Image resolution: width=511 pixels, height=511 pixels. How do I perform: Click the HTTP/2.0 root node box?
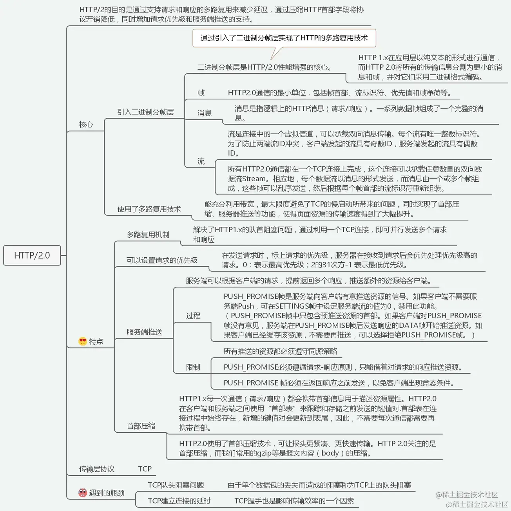(32, 255)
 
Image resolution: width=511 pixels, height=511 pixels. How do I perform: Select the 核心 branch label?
(86, 125)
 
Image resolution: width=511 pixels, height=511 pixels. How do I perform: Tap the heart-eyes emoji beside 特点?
(82, 341)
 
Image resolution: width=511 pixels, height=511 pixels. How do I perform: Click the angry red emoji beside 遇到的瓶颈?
(82, 493)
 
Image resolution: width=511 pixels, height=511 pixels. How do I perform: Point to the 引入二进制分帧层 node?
(145, 112)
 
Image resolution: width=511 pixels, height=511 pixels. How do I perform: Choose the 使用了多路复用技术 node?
(149, 209)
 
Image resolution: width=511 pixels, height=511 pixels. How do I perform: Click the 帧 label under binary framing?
(201, 93)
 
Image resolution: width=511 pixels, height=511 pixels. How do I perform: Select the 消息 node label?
(204, 113)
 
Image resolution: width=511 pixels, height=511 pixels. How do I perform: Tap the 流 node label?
(201, 161)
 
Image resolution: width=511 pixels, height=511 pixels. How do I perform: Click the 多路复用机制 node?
(148, 235)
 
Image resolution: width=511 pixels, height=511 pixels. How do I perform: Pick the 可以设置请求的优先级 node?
(162, 260)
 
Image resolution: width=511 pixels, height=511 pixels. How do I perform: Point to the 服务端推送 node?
(144, 332)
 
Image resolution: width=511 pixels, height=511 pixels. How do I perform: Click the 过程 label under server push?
(193, 316)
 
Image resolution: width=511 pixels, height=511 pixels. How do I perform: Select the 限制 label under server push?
(193, 367)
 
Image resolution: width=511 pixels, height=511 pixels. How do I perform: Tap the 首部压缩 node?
(141, 426)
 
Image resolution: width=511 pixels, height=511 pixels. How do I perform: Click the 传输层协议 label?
(97, 469)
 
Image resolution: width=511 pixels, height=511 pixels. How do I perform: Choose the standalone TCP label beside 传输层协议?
(145, 469)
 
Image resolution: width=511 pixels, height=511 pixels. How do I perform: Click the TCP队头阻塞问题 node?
(176, 485)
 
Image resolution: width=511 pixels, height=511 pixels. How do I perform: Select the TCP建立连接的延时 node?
(179, 501)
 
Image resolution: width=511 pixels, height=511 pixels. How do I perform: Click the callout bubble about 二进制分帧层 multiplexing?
(284, 38)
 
